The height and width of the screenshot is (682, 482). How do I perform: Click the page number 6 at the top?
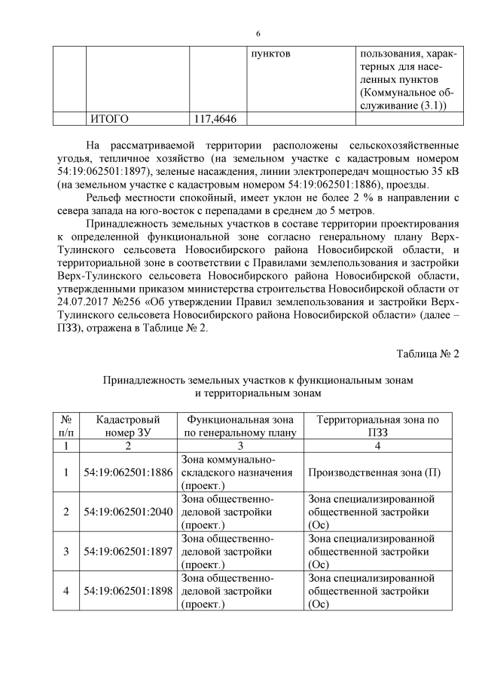pyautogui.click(x=258, y=35)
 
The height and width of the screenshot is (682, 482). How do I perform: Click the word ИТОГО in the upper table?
pyautogui.click(x=109, y=118)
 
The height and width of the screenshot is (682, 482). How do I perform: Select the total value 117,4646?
pyautogui.click(x=215, y=118)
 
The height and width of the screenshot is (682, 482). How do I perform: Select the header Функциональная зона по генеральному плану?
pyautogui.click(x=239, y=426)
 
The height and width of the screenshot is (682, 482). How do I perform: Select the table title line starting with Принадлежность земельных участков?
pyautogui.click(x=258, y=381)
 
